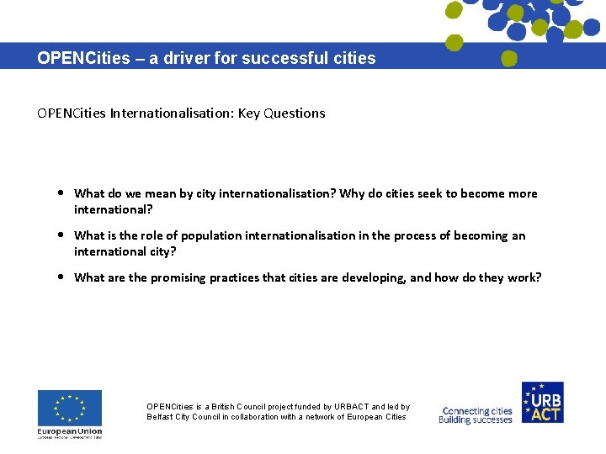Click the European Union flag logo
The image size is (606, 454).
pos(69,408)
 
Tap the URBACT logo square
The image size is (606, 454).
pos(542,402)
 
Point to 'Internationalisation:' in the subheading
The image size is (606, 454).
pos(173,113)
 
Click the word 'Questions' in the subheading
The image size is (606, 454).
pos(294,113)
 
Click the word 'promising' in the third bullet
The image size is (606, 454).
pos(179,277)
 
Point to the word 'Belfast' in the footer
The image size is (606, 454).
pos(161,417)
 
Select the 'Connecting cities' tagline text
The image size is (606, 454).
pos(477,411)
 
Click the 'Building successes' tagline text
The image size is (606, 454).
pos(476,420)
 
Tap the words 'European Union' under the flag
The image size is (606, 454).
pos(69,430)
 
